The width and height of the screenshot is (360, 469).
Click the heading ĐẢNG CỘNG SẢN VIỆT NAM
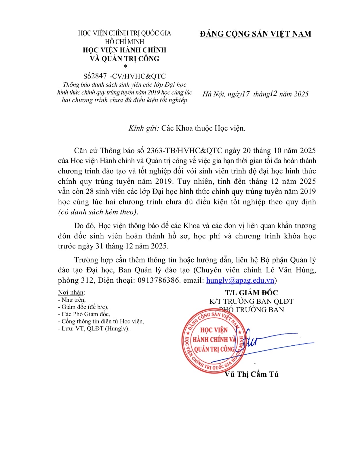pos(256,34)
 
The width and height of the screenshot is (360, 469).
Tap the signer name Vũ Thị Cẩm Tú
pos(251,374)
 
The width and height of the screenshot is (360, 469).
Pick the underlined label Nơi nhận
pos(71,292)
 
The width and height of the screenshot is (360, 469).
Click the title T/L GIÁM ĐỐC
pos(251,293)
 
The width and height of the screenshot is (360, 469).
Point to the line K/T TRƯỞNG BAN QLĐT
pos(251,301)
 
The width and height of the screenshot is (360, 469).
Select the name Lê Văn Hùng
pos(291,270)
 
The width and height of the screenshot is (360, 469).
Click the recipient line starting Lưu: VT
pos(94,328)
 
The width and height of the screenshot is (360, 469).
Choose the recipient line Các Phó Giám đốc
pos(84,314)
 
